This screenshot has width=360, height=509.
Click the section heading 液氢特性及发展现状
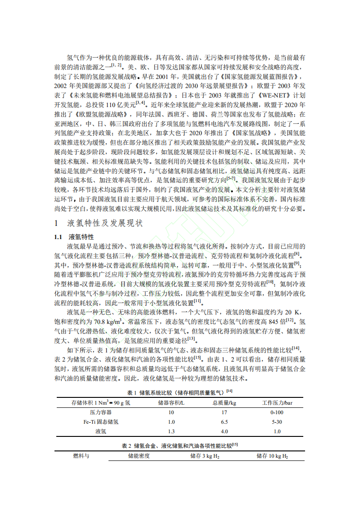click(x=104, y=223)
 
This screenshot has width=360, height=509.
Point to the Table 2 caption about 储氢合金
click(x=180, y=445)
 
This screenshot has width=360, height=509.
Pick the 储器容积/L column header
click(x=171, y=402)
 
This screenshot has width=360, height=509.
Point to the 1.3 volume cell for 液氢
click(x=171, y=431)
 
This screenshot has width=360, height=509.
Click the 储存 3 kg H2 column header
click(x=204, y=456)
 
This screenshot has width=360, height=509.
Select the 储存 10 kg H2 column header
click(x=272, y=456)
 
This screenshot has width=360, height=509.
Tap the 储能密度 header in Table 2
click(x=139, y=456)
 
